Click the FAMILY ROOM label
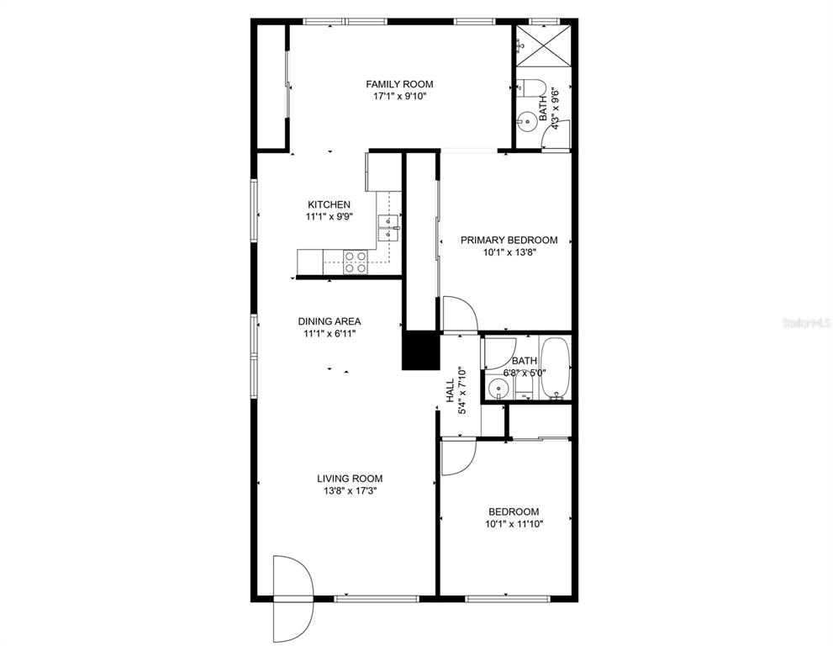click(x=399, y=84)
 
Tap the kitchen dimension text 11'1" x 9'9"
click(x=330, y=216)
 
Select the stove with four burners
click(x=356, y=262)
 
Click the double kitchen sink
click(x=388, y=228)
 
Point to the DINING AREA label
click(x=330, y=321)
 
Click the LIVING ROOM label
click(x=350, y=479)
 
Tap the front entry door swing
click(x=293, y=599)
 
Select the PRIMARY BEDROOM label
click(x=509, y=241)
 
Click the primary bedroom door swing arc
click(x=460, y=315)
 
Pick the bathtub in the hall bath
click(x=555, y=368)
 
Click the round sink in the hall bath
click(x=498, y=389)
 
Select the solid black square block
click(x=421, y=351)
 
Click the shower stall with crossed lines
click(x=544, y=46)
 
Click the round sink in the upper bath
click(x=528, y=122)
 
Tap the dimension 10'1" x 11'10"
click(x=514, y=524)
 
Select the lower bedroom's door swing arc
click(x=458, y=456)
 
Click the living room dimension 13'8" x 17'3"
click(x=350, y=490)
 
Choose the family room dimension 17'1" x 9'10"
click(x=399, y=96)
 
